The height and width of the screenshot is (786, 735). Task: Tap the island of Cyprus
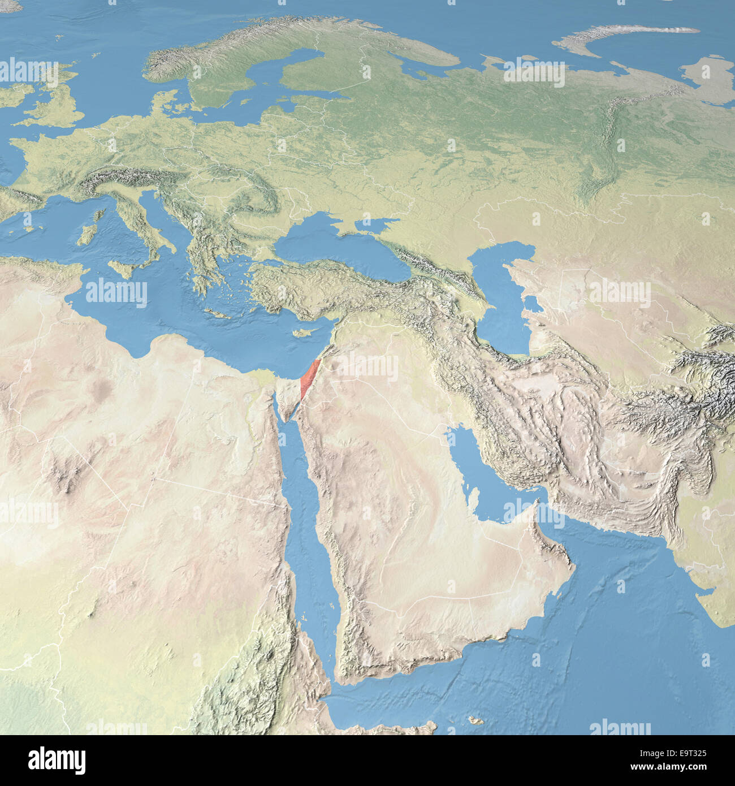coord(304,332)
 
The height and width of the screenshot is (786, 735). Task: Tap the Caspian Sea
coord(503,300)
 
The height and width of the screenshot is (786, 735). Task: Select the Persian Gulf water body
coord(481,475)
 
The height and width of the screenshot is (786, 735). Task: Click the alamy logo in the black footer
coord(57,760)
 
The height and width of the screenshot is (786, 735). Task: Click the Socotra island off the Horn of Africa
coord(475,720)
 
